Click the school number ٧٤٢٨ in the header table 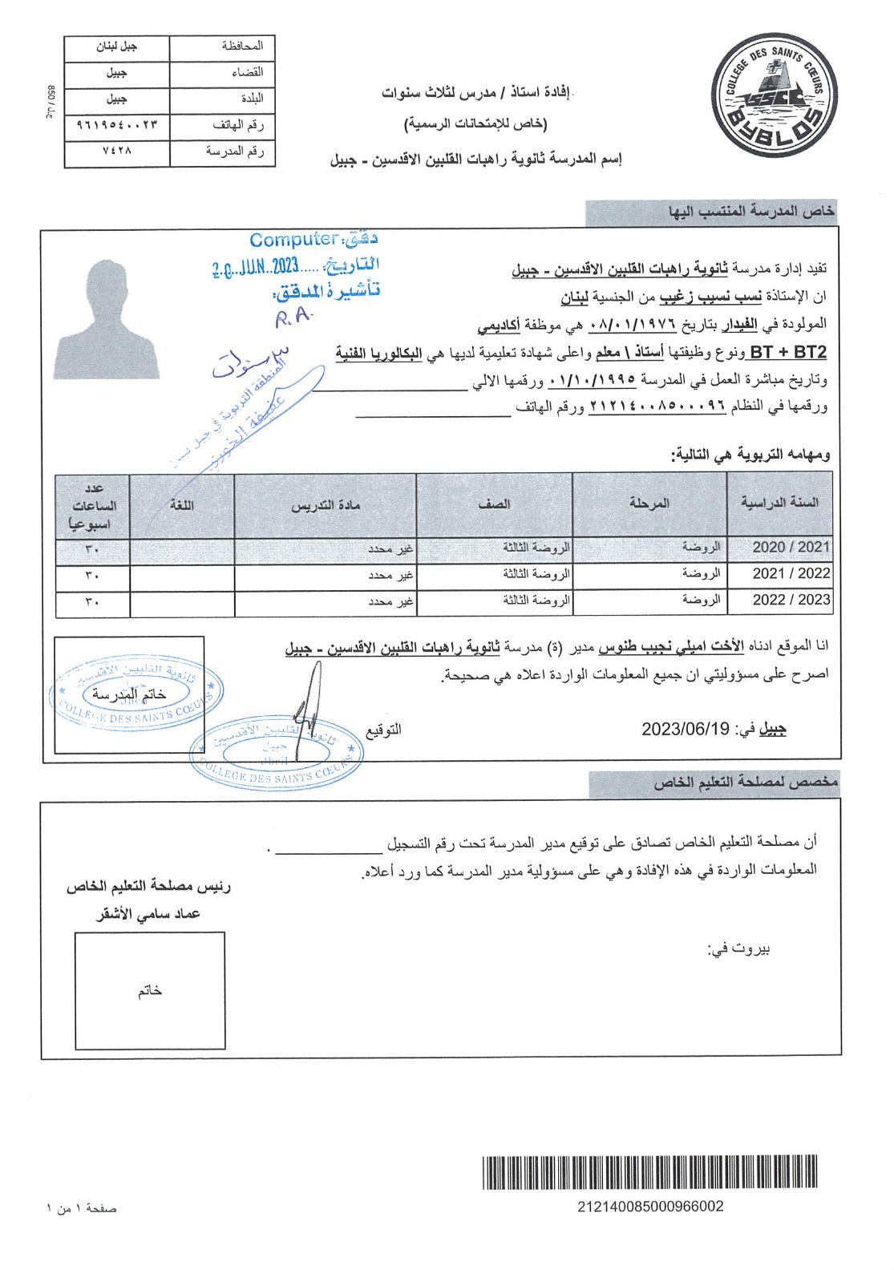click(x=117, y=151)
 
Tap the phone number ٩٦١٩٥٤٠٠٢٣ click(x=117, y=124)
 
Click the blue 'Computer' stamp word click(x=293, y=239)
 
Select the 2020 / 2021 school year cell click(x=791, y=547)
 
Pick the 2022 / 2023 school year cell click(x=791, y=600)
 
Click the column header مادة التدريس click(x=326, y=504)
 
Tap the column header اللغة click(x=182, y=504)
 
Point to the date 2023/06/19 click(x=686, y=729)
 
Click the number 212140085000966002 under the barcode click(x=650, y=1207)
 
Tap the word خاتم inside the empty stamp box click(x=150, y=990)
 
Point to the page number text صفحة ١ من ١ click(x=81, y=1207)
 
